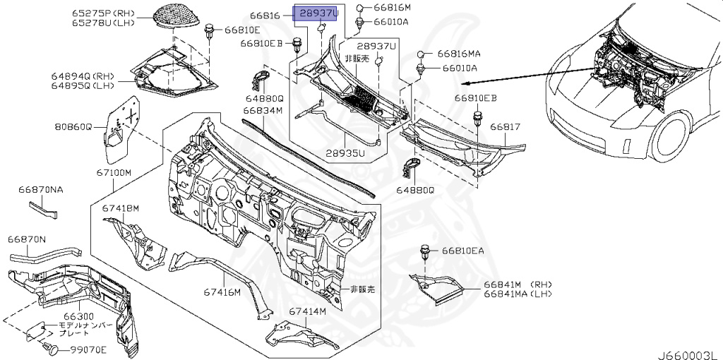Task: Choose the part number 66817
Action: point(506,128)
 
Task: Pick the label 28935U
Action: point(345,152)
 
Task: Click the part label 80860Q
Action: point(73,128)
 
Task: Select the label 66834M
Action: point(263,110)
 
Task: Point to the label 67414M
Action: point(307,311)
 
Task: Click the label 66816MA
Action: point(459,54)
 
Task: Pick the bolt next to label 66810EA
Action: point(427,251)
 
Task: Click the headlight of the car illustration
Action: point(627,143)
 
